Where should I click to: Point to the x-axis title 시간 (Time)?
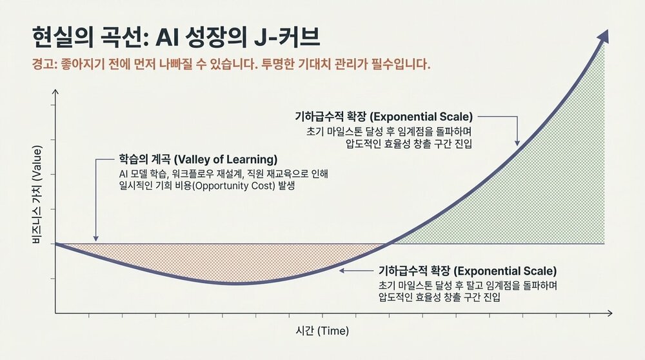pos(322,331)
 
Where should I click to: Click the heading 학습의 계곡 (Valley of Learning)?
pos(198,159)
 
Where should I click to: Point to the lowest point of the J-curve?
pos(235,283)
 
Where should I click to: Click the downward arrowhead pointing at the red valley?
pos(95,238)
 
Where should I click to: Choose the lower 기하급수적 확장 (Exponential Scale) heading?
pos(467,271)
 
